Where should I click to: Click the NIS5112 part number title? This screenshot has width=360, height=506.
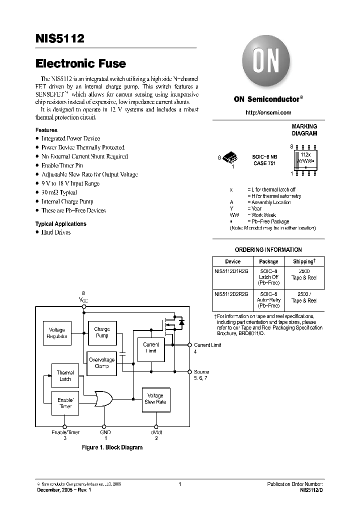59,39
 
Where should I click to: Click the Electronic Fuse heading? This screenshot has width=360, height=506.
80,64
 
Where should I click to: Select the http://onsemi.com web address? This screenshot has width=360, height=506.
268,113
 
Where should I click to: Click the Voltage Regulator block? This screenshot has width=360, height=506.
57,333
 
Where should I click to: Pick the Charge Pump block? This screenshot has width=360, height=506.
102,332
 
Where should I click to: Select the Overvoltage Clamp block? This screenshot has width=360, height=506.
101,362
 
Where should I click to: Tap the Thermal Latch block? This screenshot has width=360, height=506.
65,376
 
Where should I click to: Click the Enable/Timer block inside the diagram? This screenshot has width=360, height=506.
65,403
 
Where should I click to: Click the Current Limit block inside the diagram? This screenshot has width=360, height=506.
150,348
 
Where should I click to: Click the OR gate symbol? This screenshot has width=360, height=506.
103,399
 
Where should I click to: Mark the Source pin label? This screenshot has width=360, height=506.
201,371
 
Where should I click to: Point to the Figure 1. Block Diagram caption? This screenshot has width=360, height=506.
112,447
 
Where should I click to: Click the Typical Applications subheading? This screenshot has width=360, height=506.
60,224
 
